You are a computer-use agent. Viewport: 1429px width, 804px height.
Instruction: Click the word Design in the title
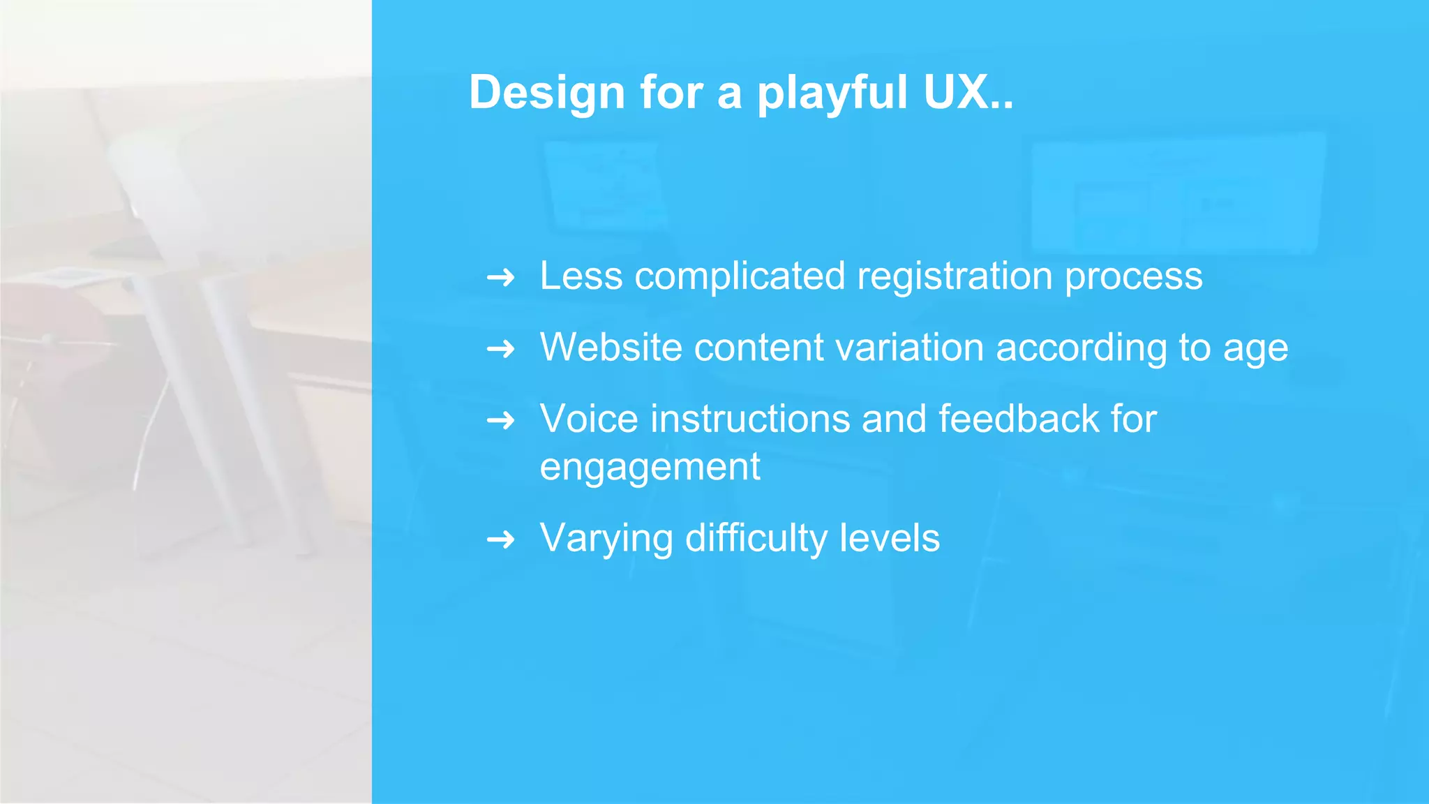pyautogui.click(x=546, y=92)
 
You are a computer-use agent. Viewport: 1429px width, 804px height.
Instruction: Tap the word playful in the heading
pyautogui.click(x=832, y=92)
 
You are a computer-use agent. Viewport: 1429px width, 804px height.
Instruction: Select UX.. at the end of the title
pyautogui.click(x=968, y=92)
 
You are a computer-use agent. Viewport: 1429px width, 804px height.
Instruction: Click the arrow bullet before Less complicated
pyautogui.click(x=500, y=278)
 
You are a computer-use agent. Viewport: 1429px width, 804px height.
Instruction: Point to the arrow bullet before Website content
pyautogui.click(x=500, y=348)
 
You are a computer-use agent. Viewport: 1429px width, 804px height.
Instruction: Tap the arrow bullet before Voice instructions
pyautogui.click(x=500, y=420)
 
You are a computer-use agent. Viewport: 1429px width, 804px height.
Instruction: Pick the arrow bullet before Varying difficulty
pyautogui.click(x=500, y=539)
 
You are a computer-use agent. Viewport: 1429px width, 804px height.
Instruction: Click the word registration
pyautogui.click(x=955, y=276)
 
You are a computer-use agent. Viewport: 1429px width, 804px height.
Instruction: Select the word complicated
pyautogui.click(x=740, y=276)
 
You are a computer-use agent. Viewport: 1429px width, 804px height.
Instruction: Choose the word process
pyautogui.click(x=1134, y=276)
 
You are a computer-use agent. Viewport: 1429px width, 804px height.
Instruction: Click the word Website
pyautogui.click(x=611, y=347)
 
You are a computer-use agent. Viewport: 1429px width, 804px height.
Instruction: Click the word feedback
pyautogui.click(x=1018, y=419)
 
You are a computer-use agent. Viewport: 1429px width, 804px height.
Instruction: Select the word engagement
pyautogui.click(x=650, y=467)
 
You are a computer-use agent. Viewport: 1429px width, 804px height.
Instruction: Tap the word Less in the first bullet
pyautogui.click(x=581, y=276)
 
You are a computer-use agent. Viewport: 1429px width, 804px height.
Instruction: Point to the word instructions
pyautogui.click(x=750, y=419)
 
